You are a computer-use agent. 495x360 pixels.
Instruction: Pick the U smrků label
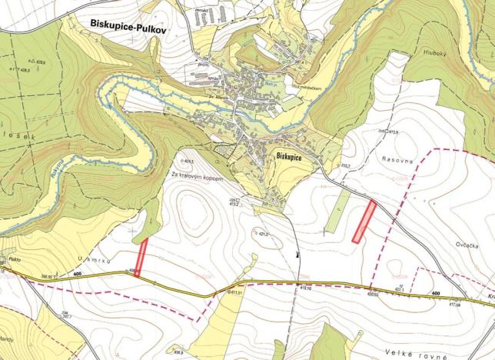coord(95,262)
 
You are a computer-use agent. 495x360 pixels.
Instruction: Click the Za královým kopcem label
coord(197,178)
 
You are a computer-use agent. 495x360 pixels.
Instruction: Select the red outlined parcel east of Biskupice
coord(364,222)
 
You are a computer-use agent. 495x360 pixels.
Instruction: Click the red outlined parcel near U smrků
coord(141,257)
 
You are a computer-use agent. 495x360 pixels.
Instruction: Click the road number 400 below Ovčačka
coord(436,294)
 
